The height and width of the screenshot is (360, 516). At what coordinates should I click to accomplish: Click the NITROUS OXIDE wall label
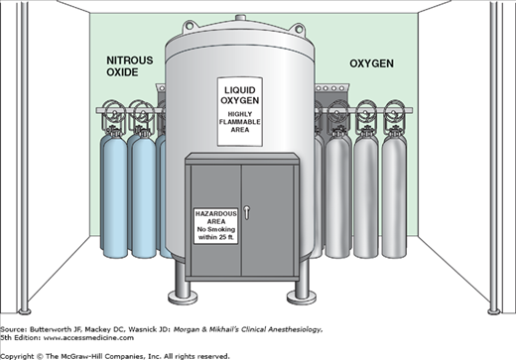tap(130, 66)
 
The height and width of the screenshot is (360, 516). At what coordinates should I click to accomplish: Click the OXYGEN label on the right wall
tap(371, 63)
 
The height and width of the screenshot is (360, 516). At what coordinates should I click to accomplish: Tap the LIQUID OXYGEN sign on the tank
tap(240, 112)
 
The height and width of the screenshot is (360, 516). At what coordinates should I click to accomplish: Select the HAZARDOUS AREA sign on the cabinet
tap(215, 226)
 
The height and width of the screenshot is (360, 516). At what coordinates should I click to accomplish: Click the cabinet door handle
tap(246, 212)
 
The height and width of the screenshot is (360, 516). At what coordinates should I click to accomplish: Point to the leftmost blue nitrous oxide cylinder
tap(114, 195)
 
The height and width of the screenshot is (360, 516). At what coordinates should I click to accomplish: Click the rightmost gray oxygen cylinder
tap(394, 195)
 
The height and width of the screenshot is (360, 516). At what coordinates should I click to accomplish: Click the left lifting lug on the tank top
tap(190, 26)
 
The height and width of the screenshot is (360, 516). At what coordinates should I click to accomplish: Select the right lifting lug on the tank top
tap(299, 29)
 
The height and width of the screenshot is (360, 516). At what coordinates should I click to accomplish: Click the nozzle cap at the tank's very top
tap(240, 18)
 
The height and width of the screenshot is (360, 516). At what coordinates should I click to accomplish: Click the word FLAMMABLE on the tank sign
tap(240, 122)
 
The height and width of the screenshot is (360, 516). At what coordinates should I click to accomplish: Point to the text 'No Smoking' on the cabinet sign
tap(216, 229)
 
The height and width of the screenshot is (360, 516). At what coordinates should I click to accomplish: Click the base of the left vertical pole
tap(25, 311)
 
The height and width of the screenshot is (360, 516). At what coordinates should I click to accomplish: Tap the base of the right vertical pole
tap(493, 311)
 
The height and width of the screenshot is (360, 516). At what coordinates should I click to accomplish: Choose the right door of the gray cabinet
tap(268, 220)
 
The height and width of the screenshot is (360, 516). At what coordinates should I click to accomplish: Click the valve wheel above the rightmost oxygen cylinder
tap(395, 111)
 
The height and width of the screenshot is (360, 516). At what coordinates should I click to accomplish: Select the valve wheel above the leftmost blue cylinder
tap(114, 111)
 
